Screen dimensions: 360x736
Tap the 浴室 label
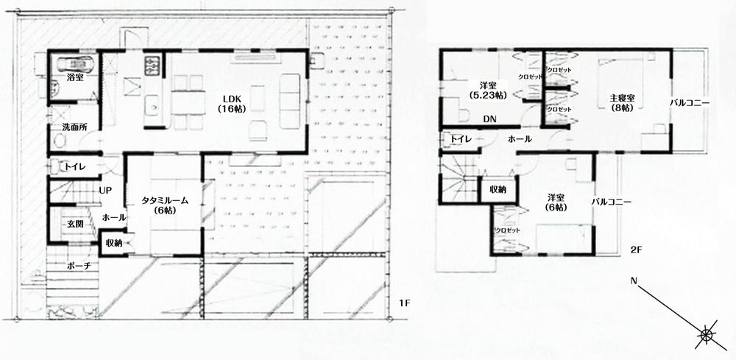click(x=74, y=77)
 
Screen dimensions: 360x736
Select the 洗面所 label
click(x=74, y=127)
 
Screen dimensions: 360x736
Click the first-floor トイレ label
click(x=77, y=167)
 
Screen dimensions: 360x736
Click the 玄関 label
click(x=75, y=223)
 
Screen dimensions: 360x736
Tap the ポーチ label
click(x=78, y=266)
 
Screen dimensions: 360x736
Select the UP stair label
click(x=105, y=190)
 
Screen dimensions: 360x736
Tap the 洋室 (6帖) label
click(x=556, y=202)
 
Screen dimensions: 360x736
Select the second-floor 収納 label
click(x=498, y=189)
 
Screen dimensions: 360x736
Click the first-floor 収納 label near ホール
click(x=113, y=243)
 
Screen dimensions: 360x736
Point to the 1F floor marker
click(x=403, y=303)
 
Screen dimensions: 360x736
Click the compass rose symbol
click(x=707, y=335)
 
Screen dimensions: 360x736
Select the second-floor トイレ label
click(x=461, y=138)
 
